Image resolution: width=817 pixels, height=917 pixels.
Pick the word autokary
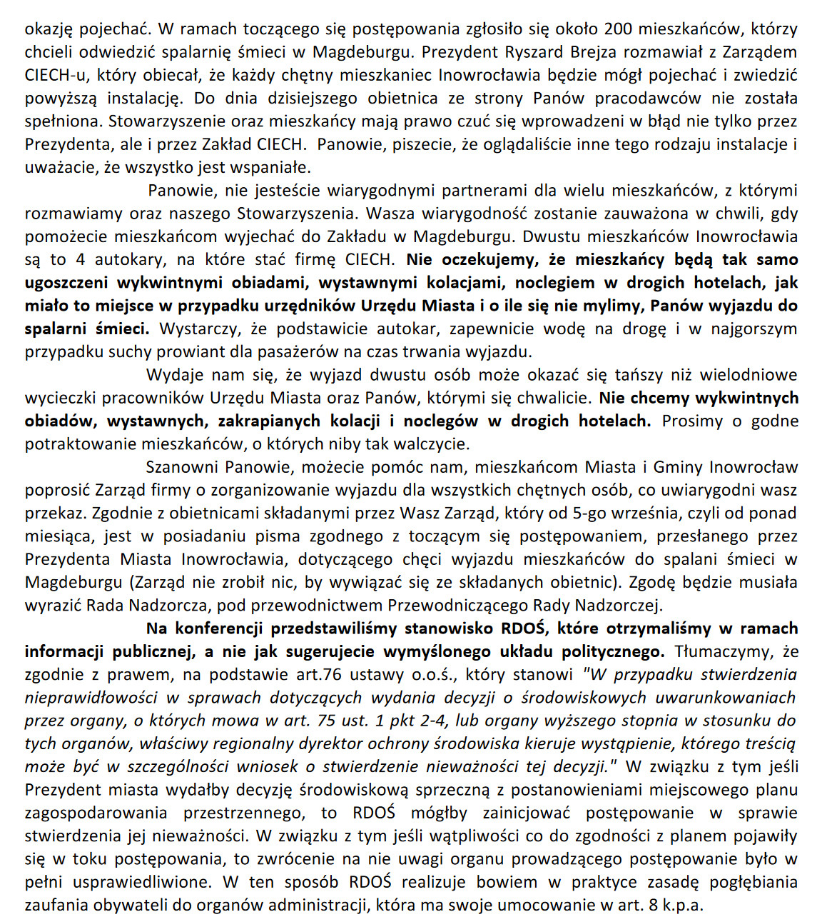click(126, 259)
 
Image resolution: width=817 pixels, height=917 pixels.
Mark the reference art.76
click(318, 674)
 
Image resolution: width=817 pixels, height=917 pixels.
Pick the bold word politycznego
click(614, 651)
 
